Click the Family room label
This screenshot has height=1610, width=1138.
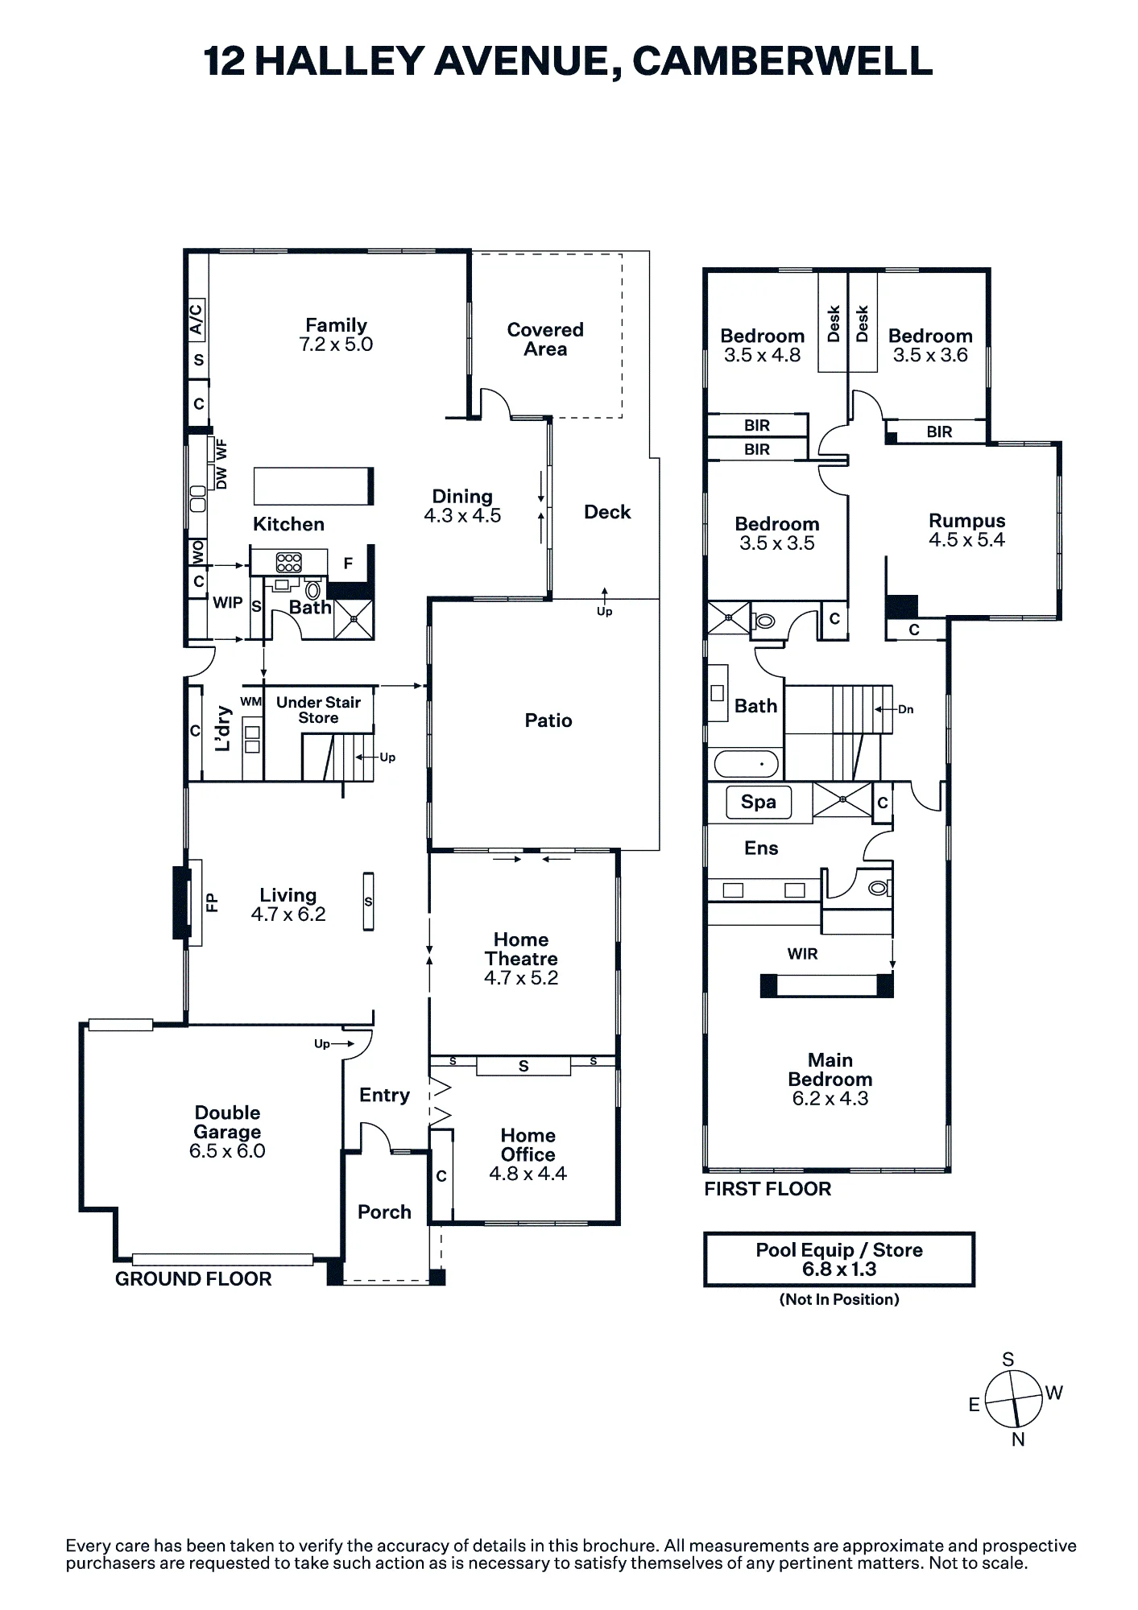coord(336,325)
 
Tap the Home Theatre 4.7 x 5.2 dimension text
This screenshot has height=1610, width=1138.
coord(521,978)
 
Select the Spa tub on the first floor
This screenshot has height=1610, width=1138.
coord(758,802)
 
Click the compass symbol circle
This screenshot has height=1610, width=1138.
coord(1013,1399)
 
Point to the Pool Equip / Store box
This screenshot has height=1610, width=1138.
coord(839,1260)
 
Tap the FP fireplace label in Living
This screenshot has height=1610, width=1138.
coord(212,902)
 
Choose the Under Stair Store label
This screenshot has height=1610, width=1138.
coord(319,710)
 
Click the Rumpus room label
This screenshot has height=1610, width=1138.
coord(967,521)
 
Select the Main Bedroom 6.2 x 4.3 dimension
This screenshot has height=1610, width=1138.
coord(830,1099)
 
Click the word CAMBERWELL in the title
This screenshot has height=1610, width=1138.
coord(783,62)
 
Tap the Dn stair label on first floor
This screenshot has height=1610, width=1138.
coord(906,709)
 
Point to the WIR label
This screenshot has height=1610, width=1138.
coord(802,954)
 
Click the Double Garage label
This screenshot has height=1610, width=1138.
coord(227,1122)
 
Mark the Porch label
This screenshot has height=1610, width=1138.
coord(384,1212)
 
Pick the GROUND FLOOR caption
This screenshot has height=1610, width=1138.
coord(193,1279)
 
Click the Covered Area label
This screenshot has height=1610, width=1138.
coord(545,339)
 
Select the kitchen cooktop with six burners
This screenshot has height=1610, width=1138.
coord(289,562)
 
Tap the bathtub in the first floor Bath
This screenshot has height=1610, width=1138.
coord(746,764)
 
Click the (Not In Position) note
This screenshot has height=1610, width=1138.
coord(839,1299)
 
